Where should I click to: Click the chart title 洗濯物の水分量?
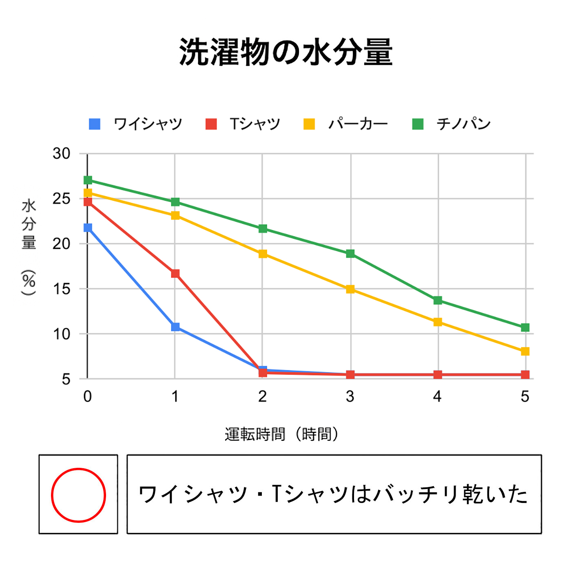point(285,52)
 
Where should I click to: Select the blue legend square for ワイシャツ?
point(95,124)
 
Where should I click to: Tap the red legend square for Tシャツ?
point(211,124)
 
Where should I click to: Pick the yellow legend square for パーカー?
point(309,124)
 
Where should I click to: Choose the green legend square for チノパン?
point(418,124)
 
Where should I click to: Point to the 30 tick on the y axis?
point(62,154)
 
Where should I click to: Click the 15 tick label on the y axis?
point(62,289)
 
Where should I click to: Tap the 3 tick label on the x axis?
point(350,396)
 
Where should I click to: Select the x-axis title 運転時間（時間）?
point(281,434)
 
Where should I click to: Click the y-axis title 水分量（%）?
point(29,247)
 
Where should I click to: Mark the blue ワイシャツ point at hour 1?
point(175,327)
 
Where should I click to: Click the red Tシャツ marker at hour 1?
point(175,273)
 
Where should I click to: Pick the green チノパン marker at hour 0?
point(88,180)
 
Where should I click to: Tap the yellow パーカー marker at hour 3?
point(350,289)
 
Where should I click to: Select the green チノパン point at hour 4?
point(438,301)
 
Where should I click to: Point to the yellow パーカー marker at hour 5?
point(525,351)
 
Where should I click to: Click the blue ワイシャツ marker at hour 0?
point(88,228)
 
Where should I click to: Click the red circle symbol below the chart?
point(78,495)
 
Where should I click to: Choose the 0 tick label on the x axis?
point(88,396)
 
